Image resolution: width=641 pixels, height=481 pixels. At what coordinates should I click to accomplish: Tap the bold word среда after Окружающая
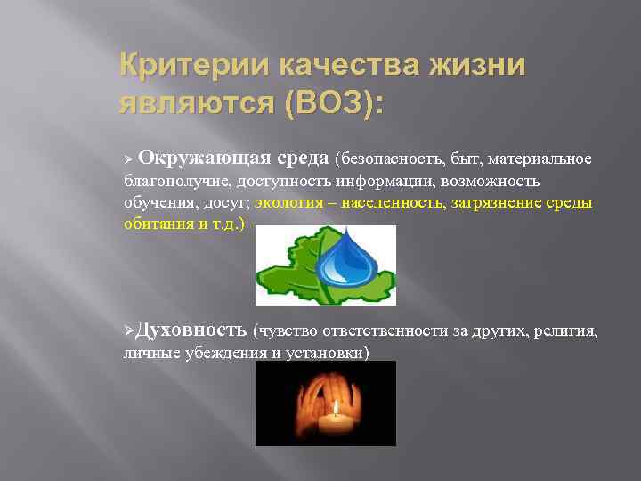pos(302,158)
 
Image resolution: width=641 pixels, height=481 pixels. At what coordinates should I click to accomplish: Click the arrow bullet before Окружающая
pos(127,159)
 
